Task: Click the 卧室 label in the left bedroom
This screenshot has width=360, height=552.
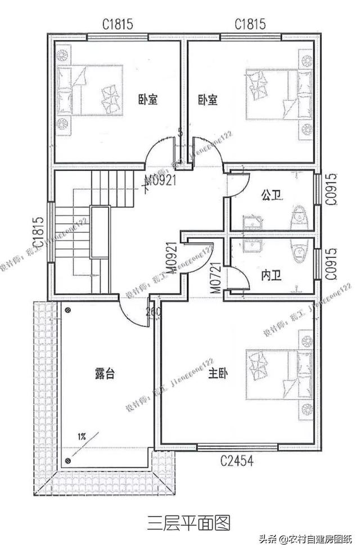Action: point(147,100)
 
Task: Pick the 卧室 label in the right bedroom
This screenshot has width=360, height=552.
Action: point(208,100)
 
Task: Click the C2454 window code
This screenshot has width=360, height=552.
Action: point(236,461)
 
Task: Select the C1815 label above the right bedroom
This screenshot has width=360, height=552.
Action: point(250,24)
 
